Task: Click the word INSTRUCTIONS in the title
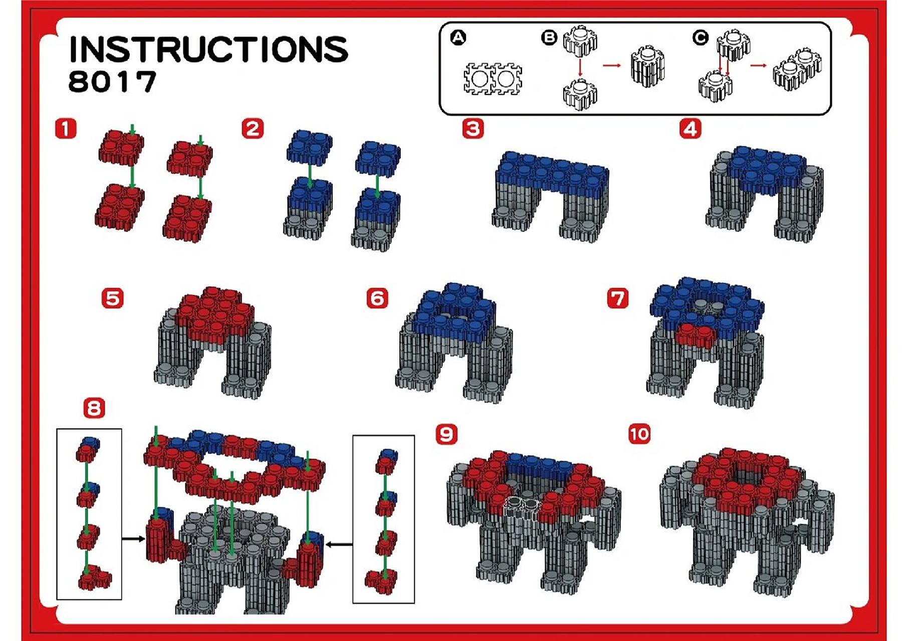(208, 49)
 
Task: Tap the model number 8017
(112, 82)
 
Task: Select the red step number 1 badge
(66, 128)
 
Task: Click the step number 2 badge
(253, 128)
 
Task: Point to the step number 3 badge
(473, 129)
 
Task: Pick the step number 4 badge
(691, 129)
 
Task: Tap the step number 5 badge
(112, 298)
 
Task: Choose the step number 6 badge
(377, 298)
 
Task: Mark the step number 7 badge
(618, 298)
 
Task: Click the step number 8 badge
(94, 408)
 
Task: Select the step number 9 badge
(446, 434)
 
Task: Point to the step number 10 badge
(639, 434)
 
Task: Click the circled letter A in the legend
(458, 38)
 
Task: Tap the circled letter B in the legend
(549, 38)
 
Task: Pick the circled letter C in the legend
(700, 38)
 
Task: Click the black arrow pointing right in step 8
(133, 539)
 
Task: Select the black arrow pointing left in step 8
(339, 544)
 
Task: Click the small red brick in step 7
(695, 336)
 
